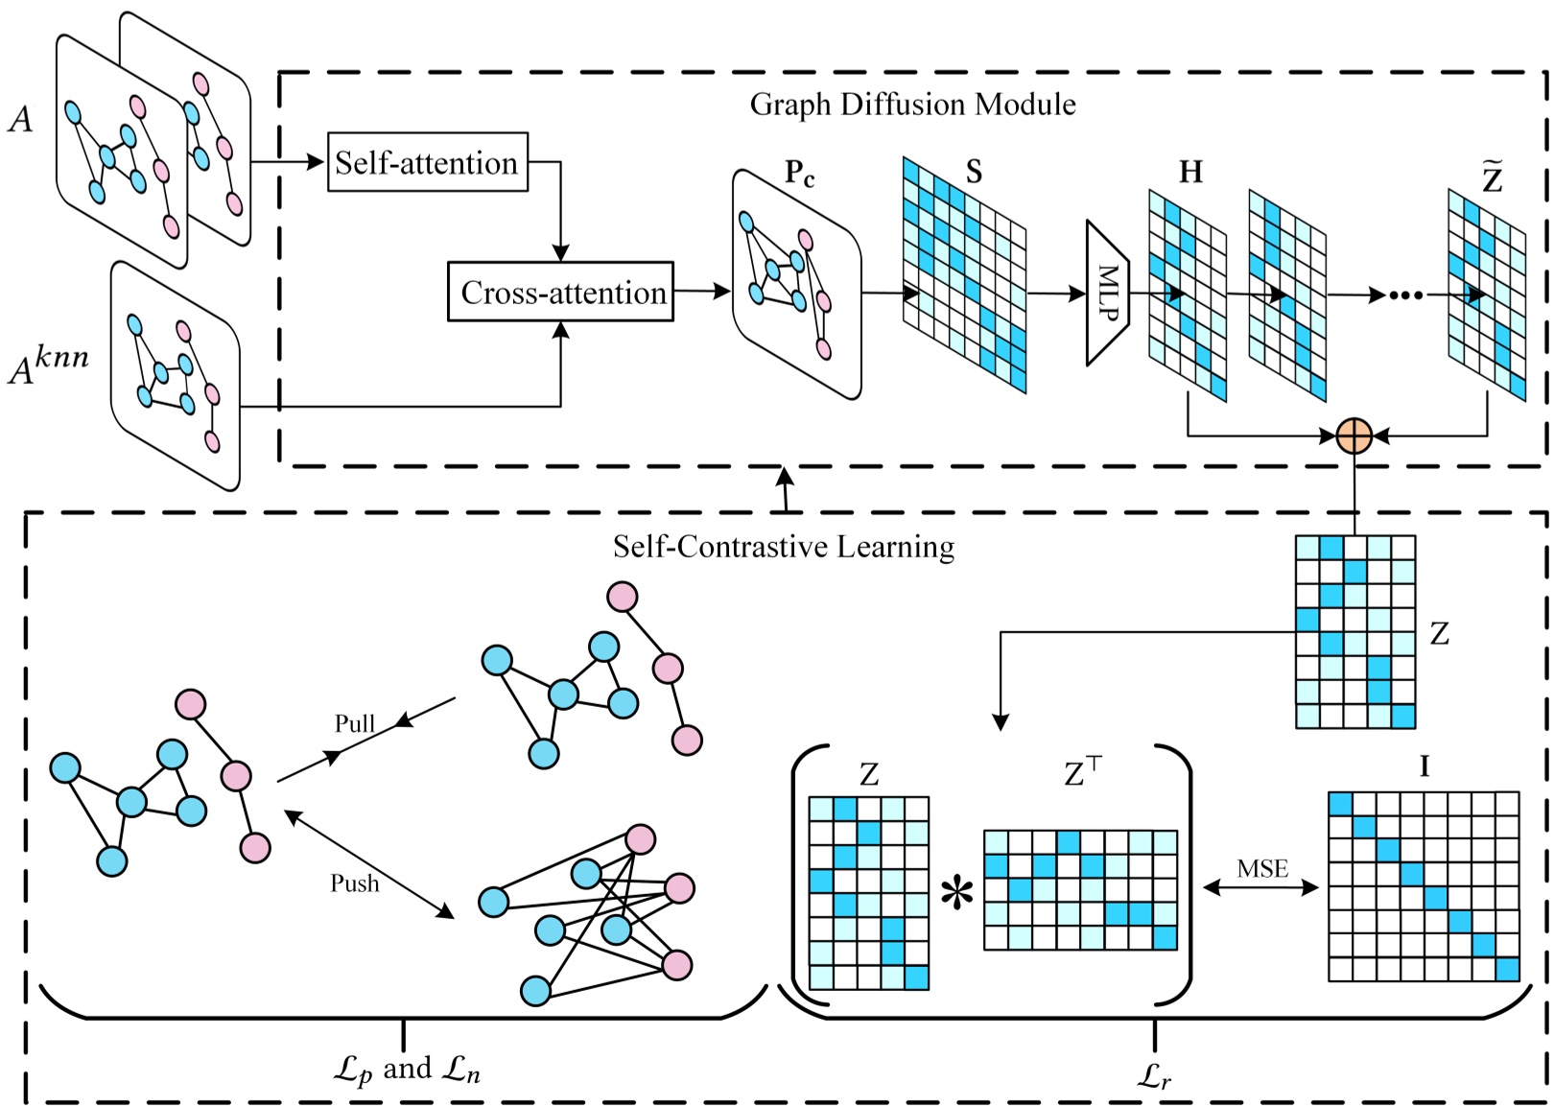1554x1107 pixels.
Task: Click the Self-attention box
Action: (428, 162)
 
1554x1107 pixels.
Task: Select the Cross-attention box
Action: (561, 292)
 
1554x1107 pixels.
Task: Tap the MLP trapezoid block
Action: (1107, 293)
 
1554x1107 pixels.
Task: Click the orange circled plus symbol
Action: (1354, 436)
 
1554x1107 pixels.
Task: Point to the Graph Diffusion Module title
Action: (912, 104)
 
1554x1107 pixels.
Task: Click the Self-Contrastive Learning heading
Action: (784, 547)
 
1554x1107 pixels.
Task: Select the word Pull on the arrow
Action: (354, 723)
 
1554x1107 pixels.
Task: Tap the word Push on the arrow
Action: (354, 883)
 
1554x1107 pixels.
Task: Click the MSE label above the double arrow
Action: (1262, 869)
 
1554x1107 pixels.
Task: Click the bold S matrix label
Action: (974, 172)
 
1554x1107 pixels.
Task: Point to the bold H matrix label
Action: (1190, 172)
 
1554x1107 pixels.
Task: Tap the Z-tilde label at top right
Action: (1492, 177)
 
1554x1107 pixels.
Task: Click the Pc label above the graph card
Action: (799, 173)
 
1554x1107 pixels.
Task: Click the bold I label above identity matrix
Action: (1424, 766)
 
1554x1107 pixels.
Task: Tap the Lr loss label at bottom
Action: (1155, 1076)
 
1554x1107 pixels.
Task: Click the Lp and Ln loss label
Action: (407, 1069)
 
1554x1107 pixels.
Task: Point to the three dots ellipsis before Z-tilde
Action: (1406, 295)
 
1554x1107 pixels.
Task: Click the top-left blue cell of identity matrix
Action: (1340, 804)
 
